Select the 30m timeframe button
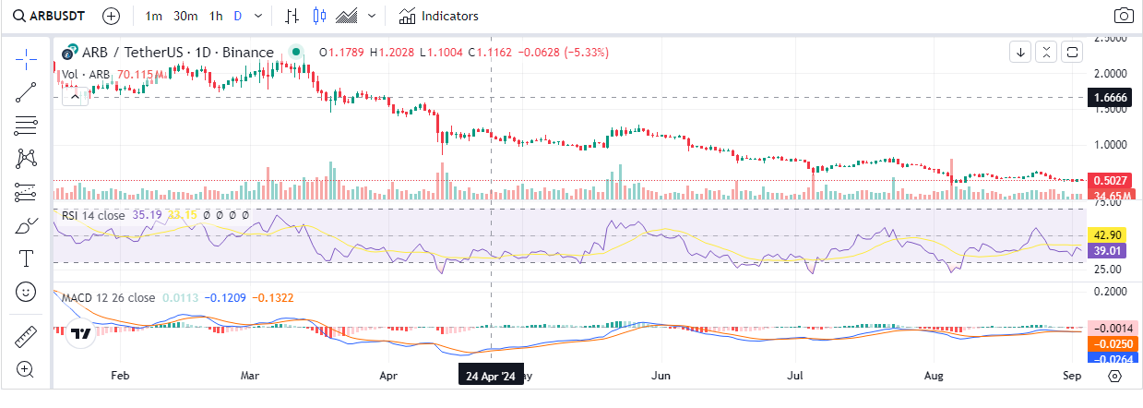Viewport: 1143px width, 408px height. pos(185,16)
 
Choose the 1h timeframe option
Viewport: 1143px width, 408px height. pos(216,16)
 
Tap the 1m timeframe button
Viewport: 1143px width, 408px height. pos(154,16)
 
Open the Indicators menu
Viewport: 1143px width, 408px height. pos(439,16)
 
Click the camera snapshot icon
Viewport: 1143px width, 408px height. pos(1124,16)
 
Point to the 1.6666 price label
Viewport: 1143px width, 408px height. pos(1112,97)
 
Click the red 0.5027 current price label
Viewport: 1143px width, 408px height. pos(1112,180)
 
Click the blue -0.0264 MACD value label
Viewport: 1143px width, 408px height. pos(1112,359)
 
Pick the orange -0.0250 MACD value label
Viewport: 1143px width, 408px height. pos(1112,343)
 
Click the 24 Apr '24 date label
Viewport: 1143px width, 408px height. pos(491,377)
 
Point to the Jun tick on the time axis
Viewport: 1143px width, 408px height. pos(661,377)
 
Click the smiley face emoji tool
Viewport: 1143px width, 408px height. pos(26,292)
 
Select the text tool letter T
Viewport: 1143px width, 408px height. pos(26,258)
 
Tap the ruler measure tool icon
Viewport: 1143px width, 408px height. pos(26,337)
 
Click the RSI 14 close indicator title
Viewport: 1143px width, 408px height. pos(93,214)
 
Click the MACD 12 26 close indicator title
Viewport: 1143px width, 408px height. pos(109,297)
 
